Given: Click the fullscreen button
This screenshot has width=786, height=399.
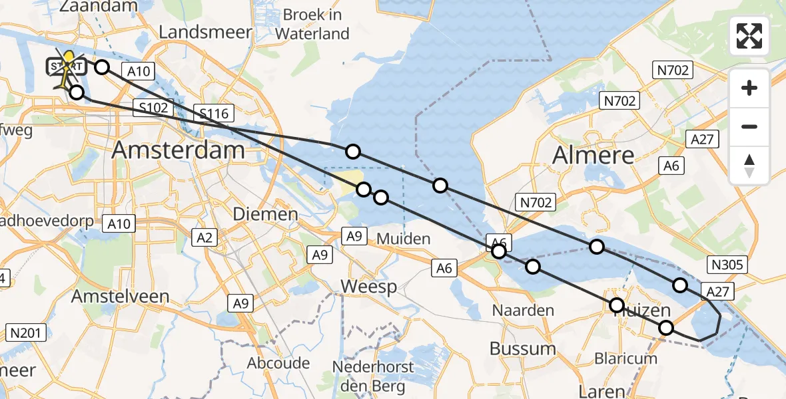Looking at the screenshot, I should [x=749, y=36].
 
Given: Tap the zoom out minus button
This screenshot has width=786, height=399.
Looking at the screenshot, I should [x=749, y=126].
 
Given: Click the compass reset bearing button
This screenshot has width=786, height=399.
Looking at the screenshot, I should [x=749, y=166].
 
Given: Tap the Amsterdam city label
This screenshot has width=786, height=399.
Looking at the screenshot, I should [x=178, y=150].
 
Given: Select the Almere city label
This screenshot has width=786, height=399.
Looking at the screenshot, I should [x=593, y=156].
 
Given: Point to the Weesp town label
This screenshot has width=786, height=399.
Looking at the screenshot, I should [x=368, y=287].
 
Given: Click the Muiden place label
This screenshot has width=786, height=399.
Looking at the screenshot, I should [x=404, y=238].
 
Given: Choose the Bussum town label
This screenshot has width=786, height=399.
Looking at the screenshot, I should [x=522, y=348].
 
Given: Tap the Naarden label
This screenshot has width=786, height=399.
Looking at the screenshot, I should [x=523, y=310].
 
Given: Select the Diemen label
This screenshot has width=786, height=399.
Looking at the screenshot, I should [x=265, y=214].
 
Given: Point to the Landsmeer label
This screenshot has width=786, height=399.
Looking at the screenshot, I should [x=205, y=31].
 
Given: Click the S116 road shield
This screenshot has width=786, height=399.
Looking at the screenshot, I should [x=212, y=114].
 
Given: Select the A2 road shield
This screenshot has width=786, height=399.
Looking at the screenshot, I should [x=204, y=236].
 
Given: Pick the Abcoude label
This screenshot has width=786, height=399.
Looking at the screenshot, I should [x=278, y=363].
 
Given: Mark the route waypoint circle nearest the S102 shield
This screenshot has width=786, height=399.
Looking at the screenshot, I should [x=77, y=92].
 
